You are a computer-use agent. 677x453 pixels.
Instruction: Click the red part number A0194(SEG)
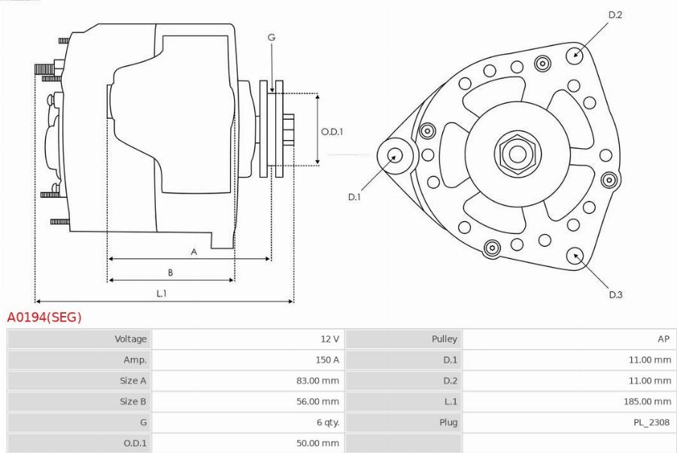coord(44,318)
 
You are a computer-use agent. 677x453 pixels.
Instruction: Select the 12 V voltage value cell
coord(329,339)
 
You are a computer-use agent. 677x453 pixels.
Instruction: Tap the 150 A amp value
coord(326,360)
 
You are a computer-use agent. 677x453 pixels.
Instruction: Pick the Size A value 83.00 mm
coord(317,381)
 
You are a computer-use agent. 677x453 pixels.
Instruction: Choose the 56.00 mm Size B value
coord(317,401)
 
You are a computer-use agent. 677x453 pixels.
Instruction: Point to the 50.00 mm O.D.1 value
coord(317,443)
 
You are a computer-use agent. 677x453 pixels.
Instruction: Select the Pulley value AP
coord(663,339)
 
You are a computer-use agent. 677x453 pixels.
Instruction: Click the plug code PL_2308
coord(651,422)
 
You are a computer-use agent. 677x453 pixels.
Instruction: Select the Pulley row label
coord(444,339)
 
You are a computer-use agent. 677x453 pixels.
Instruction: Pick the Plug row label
coord(448,422)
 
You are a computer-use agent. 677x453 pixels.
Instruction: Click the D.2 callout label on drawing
coord(615,15)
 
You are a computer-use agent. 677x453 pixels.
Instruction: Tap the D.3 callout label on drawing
coord(615,294)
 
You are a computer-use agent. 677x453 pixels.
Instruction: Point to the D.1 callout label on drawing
coord(354,197)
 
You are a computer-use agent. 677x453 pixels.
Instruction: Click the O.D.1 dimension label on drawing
coord(332,132)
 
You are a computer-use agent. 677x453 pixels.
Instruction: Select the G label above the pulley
coord(271,38)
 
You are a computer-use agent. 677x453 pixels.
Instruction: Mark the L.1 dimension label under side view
coord(161,293)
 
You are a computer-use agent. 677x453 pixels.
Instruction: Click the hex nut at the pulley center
coord(518,154)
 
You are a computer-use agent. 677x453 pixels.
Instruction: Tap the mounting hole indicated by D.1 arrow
coord(395,157)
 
